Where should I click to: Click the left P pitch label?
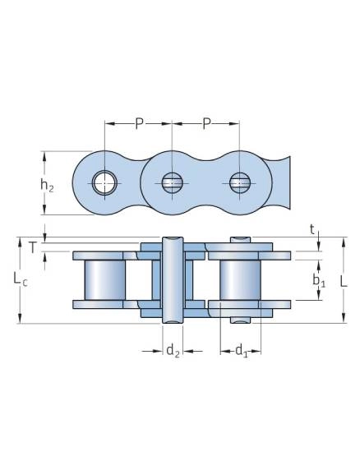pyautogui.click(x=138, y=123)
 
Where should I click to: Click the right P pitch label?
pyautogui.click(x=206, y=123)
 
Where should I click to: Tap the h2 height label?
pyautogui.click(x=47, y=185)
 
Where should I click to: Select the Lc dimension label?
pyautogui.click(x=21, y=279)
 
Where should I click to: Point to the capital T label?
pyautogui.click(x=33, y=247)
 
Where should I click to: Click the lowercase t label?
pyautogui.click(x=312, y=230)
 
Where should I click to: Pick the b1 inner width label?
pyautogui.click(x=319, y=280)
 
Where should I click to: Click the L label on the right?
pyautogui.click(x=344, y=281)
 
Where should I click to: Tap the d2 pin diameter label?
pyautogui.click(x=173, y=350)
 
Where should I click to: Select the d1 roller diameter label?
pyautogui.click(x=242, y=350)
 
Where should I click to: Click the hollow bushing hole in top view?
pyautogui.click(x=104, y=182)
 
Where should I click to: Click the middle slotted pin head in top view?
pyautogui.click(x=172, y=182)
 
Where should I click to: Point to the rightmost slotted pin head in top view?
pyautogui.click(x=240, y=182)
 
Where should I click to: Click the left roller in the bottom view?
pyautogui.click(x=105, y=280)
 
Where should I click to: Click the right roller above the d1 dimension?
pyautogui.click(x=240, y=280)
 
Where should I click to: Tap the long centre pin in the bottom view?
pyautogui.click(x=173, y=280)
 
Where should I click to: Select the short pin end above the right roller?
pyautogui.click(x=240, y=240)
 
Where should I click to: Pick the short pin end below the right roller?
pyautogui.click(x=240, y=320)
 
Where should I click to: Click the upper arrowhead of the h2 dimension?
pyautogui.click(x=44, y=156)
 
